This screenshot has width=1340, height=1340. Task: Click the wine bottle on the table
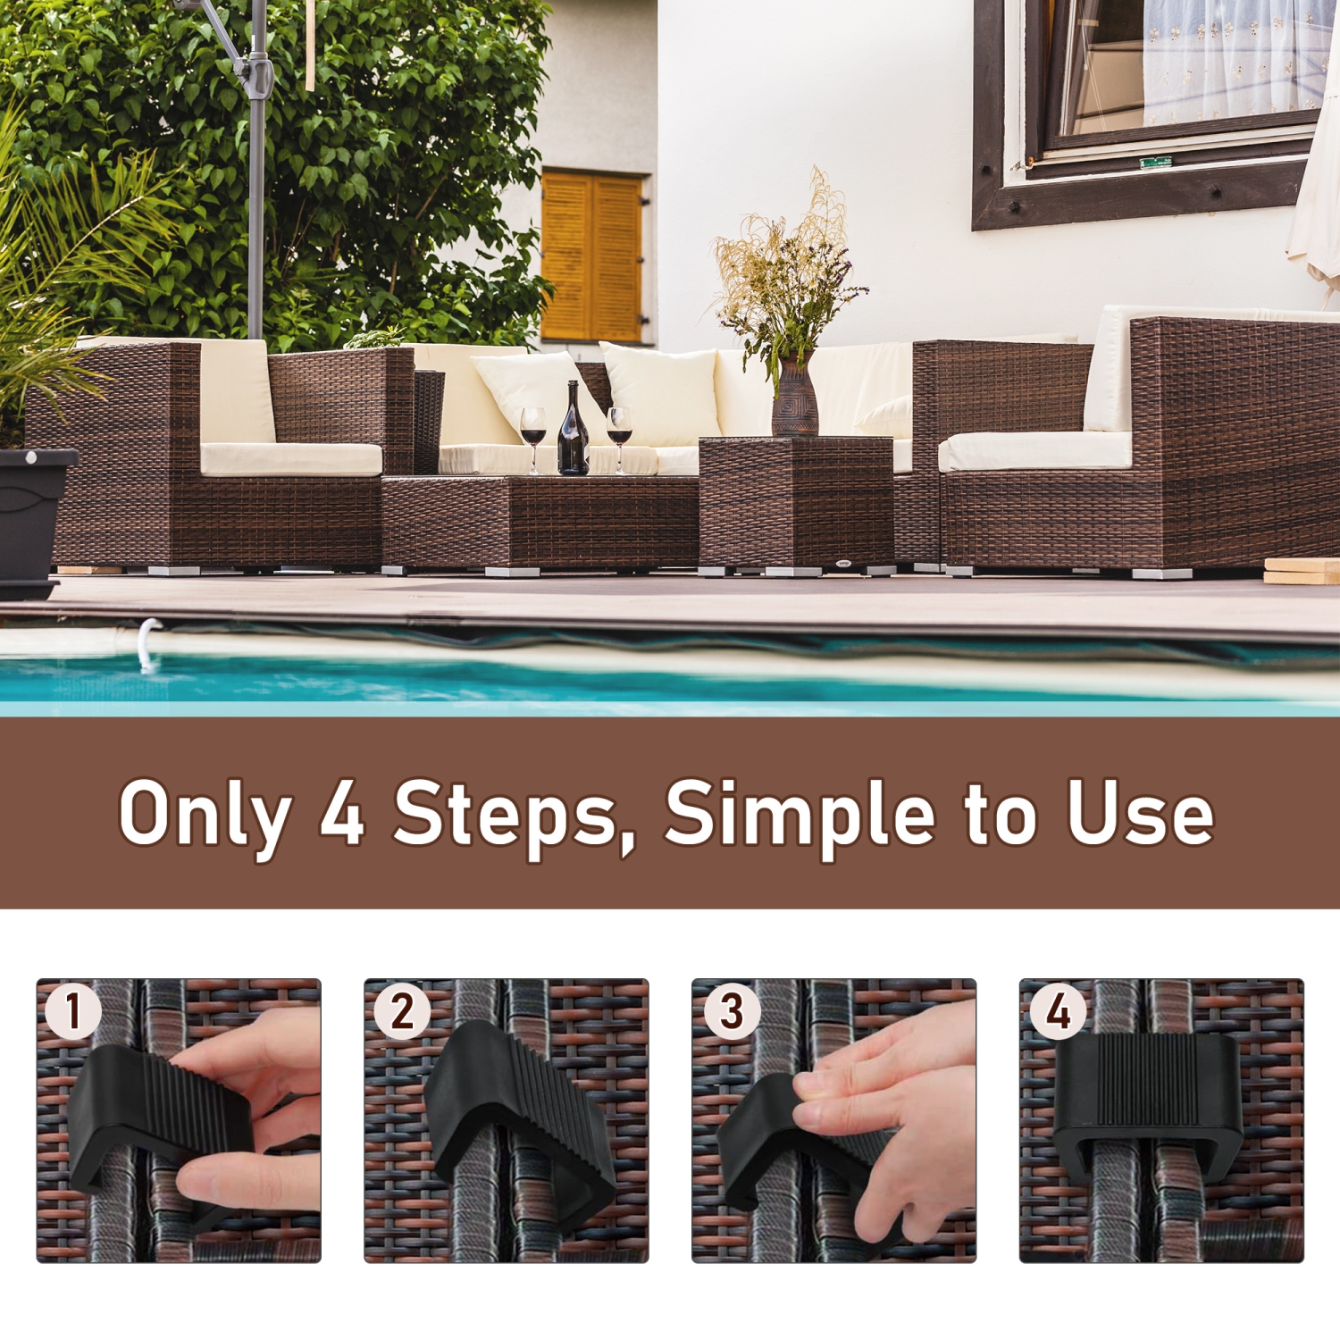(573, 433)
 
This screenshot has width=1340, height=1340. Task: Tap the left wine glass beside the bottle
(533, 427)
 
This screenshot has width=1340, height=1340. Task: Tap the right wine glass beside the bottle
(619, 427)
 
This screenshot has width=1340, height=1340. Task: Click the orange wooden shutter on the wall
(591, 257)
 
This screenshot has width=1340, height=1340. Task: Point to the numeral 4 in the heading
(342, 813)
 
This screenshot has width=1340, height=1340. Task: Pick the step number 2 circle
(402, 1010)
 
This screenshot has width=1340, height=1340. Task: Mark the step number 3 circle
(732, 1010)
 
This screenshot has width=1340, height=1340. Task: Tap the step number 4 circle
(1059, 1011)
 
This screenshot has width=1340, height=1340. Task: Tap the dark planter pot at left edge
(31, 518)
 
